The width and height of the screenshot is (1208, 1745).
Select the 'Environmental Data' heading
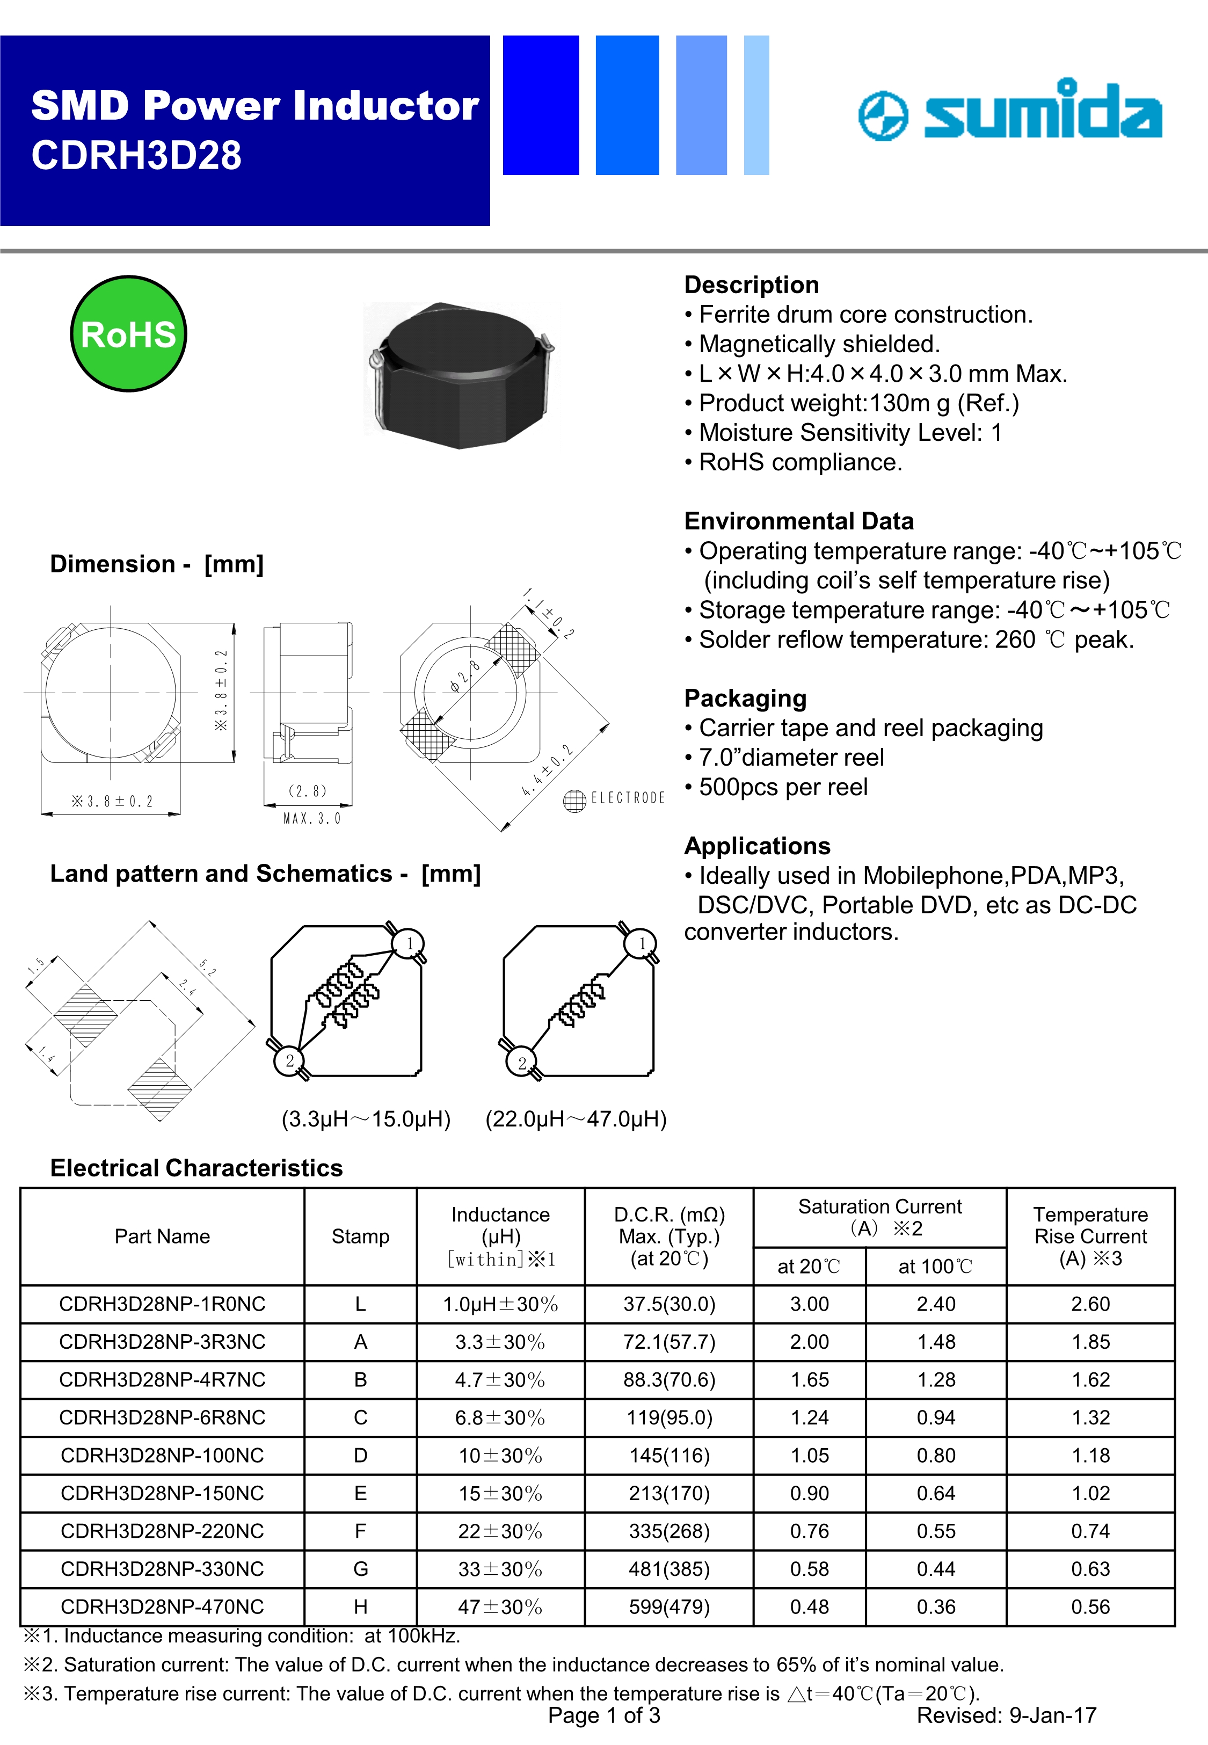click(798, 521)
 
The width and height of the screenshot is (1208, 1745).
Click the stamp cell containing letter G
click(360, 1569)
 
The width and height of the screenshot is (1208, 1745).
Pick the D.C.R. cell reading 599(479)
click(669, 1606)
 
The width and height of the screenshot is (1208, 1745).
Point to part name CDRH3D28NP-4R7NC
click(162, 1379)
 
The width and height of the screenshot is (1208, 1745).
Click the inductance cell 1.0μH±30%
click(500, 1304)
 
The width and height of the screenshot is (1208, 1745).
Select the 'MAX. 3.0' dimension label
click(312, 819)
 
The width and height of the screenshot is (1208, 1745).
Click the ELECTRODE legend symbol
click(574, 800)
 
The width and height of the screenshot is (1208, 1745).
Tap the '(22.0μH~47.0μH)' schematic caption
click(576, 1118)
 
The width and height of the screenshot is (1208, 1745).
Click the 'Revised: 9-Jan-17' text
click(1006, 1715)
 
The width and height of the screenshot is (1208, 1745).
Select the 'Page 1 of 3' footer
click(604, 1715)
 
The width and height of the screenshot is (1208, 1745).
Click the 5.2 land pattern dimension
click(207, 967)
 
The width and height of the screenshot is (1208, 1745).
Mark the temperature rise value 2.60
click(1090, 1304)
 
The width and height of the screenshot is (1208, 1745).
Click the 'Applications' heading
click(757, 845)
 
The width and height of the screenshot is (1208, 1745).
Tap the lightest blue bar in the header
click(756, 105)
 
